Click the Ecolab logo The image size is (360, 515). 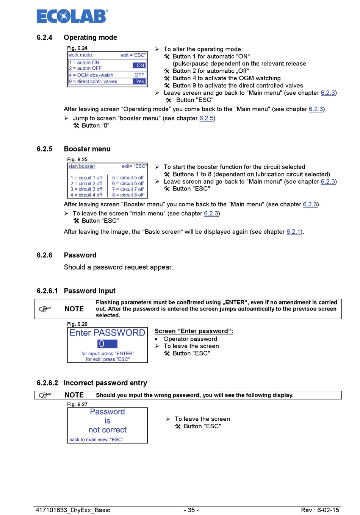click(x=72, y=16)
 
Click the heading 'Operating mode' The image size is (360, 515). click(x=90, y=37)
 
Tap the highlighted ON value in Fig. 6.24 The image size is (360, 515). click(x=139, y=66)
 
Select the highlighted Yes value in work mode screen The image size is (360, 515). click(x=139, y=81)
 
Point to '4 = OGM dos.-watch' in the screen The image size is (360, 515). click(x=91, y=75)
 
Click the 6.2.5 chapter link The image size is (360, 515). click(x=207, y=118)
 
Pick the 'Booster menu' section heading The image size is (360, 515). click(x=87, y=149)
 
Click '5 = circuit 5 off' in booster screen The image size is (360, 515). click(x=128, y=178)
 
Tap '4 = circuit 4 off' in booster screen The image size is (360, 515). click(x=86, y=195)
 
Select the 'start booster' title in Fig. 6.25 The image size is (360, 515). click(x=82, y=166)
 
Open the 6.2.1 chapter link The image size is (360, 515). click(x=293, y=232)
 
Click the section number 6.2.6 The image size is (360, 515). click(x=44, y=255)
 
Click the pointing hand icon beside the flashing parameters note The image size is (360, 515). click(x=45, y=309)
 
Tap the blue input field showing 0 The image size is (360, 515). click(x=107, y=344)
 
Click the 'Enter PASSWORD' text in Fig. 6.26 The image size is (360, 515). click(x=107, y=333)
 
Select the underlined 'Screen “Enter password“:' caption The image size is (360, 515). click(x=194, y=331)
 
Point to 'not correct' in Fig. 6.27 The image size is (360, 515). click(x=108, y=430)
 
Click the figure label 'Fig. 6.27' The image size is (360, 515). click(x=77, y=404)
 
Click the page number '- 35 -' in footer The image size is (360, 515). click(x=191, y=510)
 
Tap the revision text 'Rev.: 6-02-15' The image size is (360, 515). click(x=320, y=510)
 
